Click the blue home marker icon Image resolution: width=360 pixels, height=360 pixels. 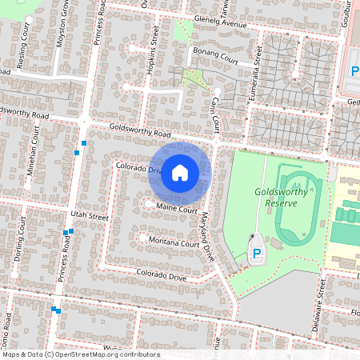180,172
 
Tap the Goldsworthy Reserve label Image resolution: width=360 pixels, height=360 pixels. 286,197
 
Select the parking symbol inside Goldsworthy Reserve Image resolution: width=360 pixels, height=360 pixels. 257,254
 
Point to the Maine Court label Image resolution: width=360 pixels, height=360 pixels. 176,208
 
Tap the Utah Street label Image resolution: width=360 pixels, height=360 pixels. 89,216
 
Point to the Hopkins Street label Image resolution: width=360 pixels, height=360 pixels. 153,61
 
